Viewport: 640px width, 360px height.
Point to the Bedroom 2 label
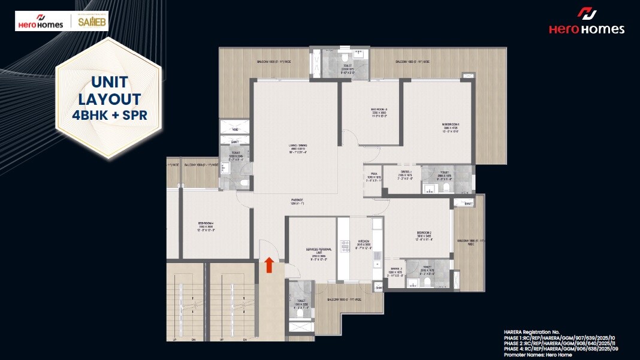(x=425, y=235)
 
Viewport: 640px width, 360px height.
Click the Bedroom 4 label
(x=205, y=225)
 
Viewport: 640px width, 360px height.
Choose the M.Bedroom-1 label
(x=450, y=128)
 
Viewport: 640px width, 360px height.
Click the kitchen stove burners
(x=345, y=246)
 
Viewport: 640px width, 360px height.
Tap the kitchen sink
(x=376, y=258)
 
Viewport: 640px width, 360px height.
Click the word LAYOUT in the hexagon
(x=108, y=99)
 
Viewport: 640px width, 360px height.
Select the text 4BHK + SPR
(x=108, y=114)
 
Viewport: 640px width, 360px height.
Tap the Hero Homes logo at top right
(x=586, y=22)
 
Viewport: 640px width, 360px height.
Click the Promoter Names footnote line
(x=538, y=355)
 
